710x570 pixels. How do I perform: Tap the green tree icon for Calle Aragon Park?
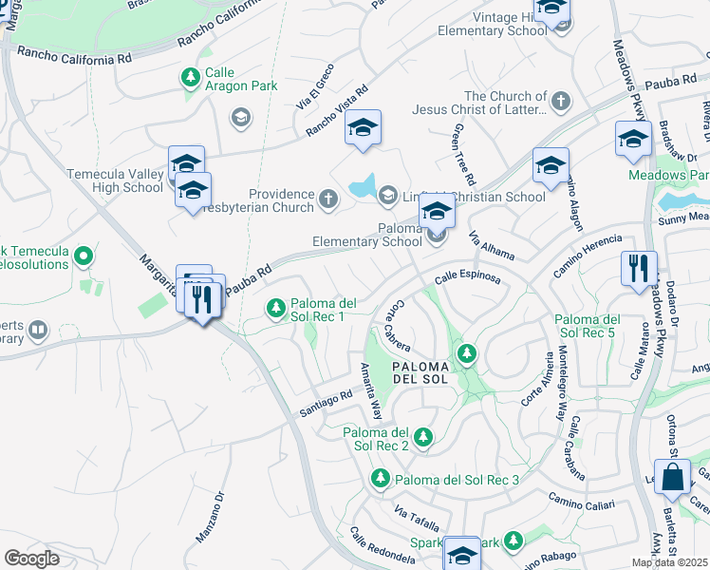click(191, 75)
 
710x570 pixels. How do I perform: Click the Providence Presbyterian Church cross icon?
click(328, 199)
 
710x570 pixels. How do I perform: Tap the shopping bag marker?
click(673, 479)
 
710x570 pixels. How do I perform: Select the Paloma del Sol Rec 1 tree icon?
click(276, 307)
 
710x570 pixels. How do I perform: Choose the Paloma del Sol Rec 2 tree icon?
click(423, 438)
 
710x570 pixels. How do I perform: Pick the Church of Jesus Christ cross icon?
click(561, 100)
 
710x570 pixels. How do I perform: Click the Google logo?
click(31, 558)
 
